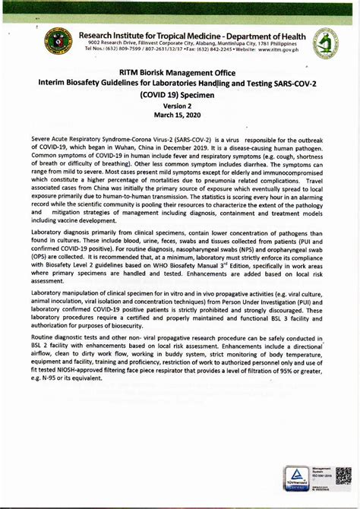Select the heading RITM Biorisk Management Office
(179, 73)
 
